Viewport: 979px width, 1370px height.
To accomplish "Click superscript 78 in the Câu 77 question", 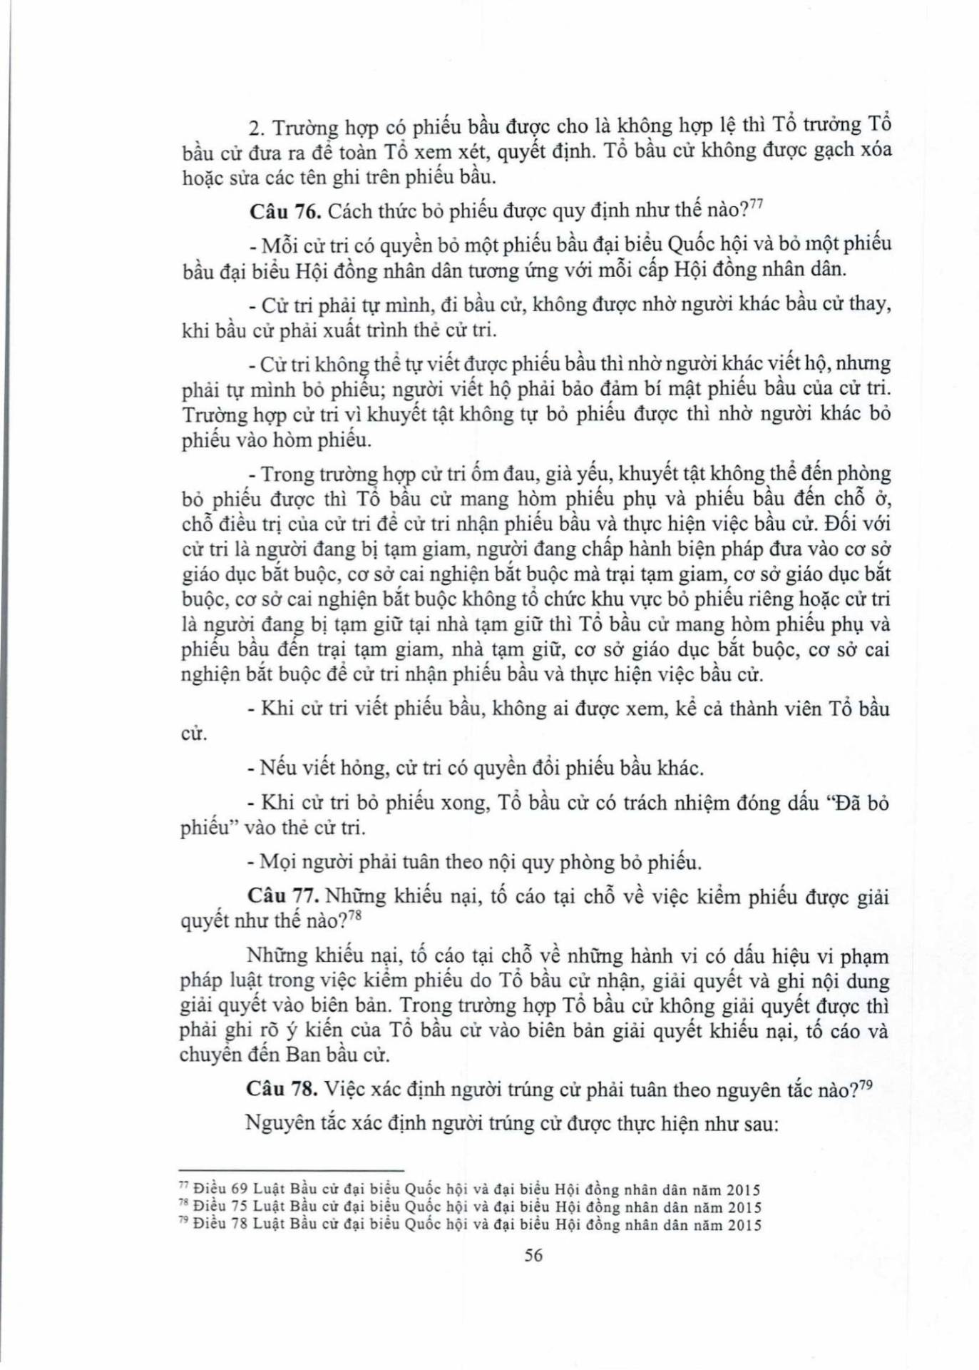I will pos(354,915).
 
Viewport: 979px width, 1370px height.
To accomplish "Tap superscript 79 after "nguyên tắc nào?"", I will pos(866,1083).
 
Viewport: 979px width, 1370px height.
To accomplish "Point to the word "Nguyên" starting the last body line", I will pos(279,1123).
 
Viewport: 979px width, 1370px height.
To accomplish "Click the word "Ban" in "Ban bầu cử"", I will pos(302,1055).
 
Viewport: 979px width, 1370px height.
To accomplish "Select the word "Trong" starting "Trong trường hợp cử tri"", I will pos(288,474).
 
